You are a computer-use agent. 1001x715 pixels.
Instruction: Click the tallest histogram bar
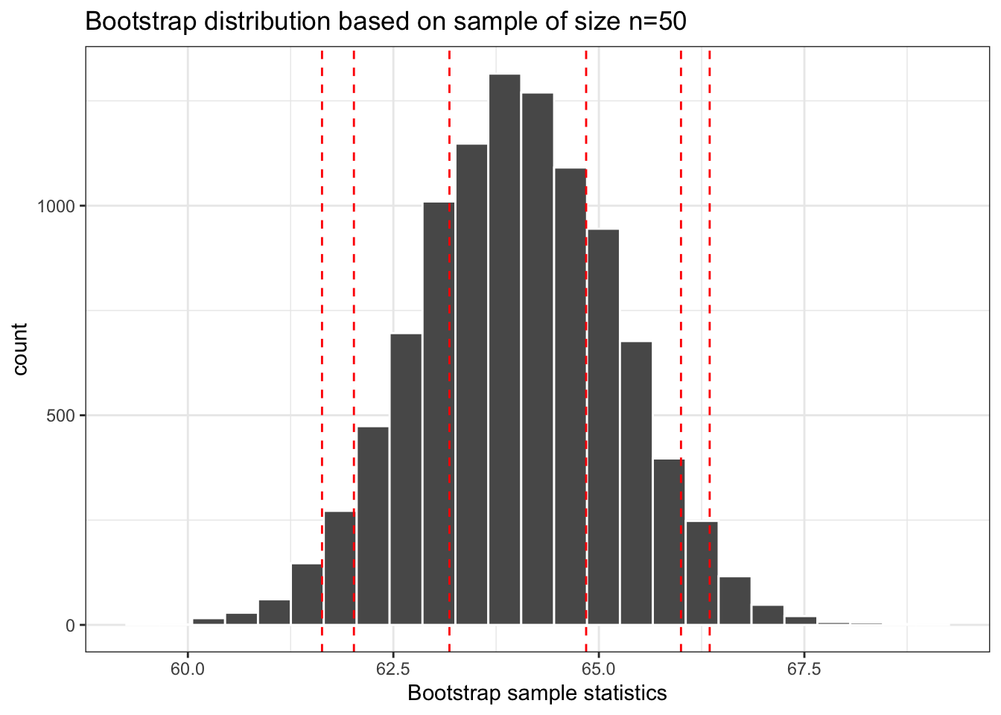pyautogui.click(x=504, y=350)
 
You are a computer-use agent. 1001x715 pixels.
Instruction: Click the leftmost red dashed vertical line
pyautogui.click(x=322, y=298)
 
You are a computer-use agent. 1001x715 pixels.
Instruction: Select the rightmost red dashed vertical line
pyautogui.click(x=709, y=298)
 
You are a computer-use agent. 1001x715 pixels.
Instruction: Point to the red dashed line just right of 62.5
pyautogui.click(x=449, y=298)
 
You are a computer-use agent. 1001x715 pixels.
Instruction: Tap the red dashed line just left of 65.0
pyautogui.click(x=586, y=298)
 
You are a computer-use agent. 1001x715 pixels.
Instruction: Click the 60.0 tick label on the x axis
pyautogui.click(x=188, y=669)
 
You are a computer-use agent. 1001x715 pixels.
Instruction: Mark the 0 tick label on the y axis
pyautogui.click(x=71, y=626)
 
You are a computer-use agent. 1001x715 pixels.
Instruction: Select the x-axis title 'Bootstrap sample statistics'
pyautogui.click(x=537, y=693)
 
